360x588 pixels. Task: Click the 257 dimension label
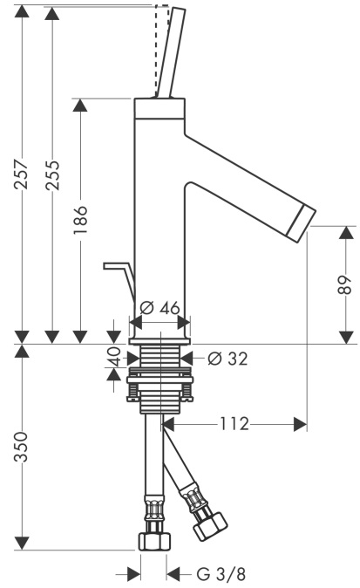tap(21, 174)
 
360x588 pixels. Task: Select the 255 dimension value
tap(52, 175)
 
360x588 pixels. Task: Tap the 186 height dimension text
tap(80, 220)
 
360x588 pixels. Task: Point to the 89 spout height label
tap(346, 285)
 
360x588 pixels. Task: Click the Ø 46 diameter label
tap(160, 308)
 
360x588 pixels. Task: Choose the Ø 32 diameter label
tap(228, 359)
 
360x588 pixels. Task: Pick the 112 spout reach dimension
tap(234, 424)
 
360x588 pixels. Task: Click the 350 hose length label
tap(21, 447)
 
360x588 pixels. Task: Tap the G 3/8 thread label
tap(221, 574)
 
